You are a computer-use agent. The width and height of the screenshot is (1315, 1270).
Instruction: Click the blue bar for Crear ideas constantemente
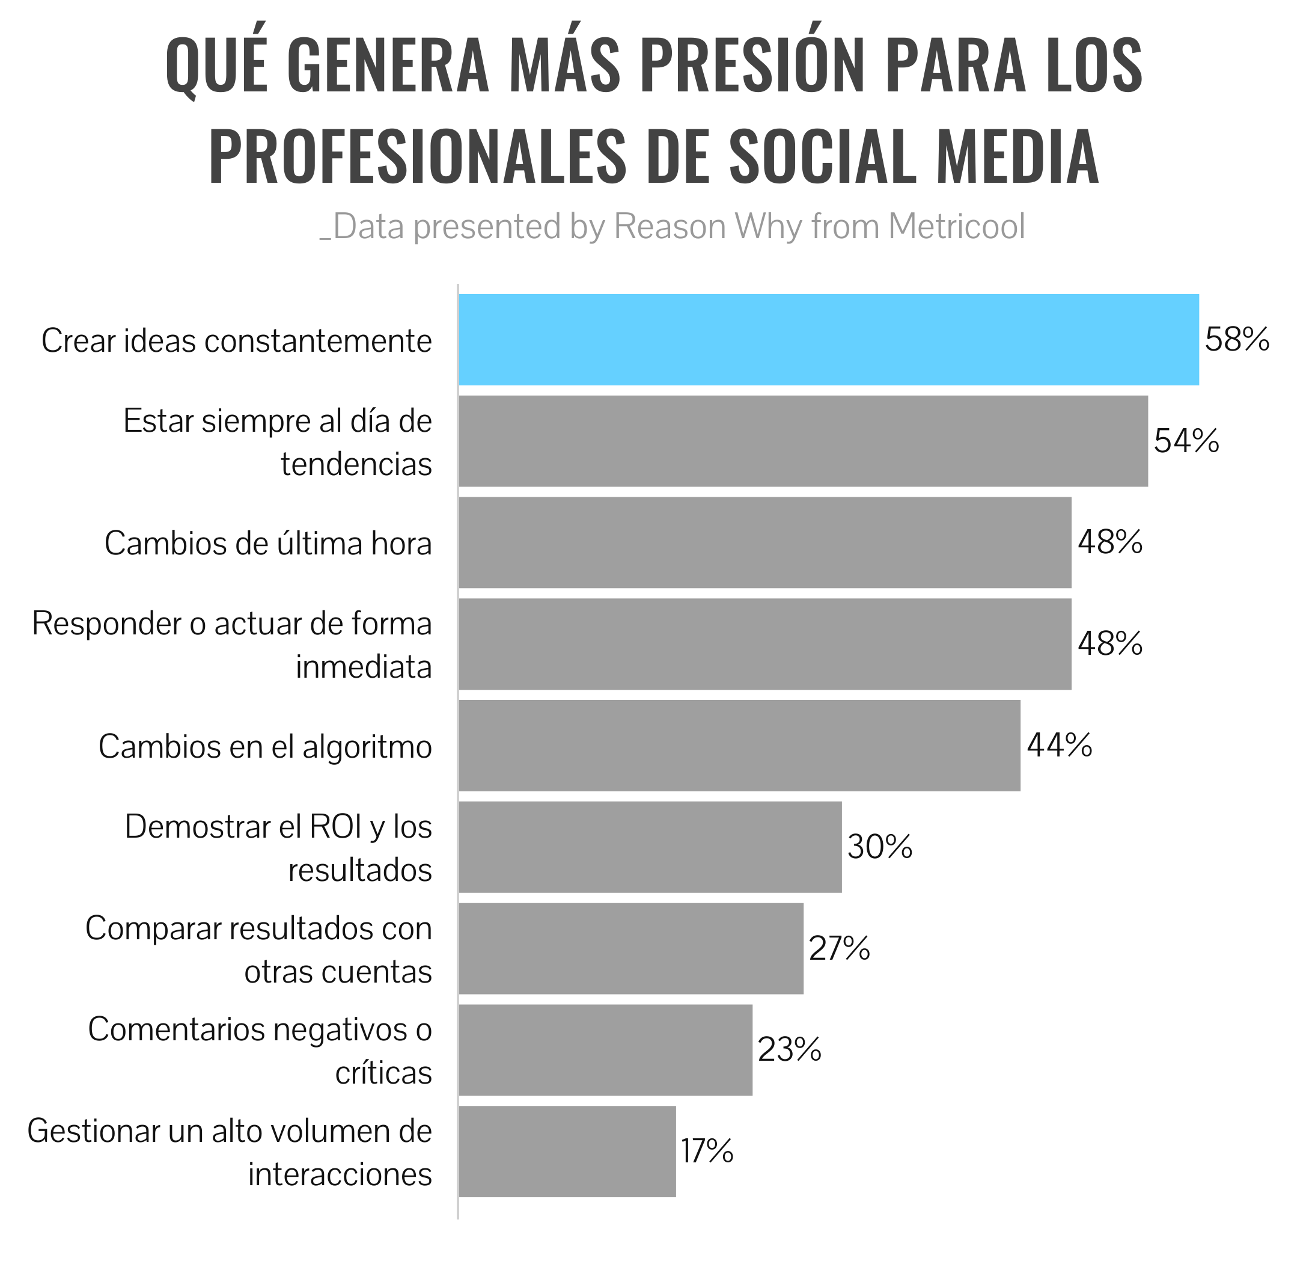(x=829, y=340)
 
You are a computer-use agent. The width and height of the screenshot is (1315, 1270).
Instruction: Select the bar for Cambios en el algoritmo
(x=739, y=746)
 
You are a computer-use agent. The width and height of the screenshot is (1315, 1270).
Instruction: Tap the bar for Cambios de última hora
(x=765, y=542)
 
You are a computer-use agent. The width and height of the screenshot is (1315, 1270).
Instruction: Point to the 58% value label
(x=1236, y=340)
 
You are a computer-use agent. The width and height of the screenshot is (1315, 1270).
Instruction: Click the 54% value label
(x=1186, y=441)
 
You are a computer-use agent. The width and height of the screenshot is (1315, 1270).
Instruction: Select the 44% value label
(x=1060, y=745)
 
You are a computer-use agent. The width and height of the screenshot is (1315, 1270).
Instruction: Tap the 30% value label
(x=880, y=847)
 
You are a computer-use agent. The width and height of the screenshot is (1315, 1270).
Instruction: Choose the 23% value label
(x=789, y=1050)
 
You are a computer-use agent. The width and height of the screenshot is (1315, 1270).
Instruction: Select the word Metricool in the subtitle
(x=956, y=227)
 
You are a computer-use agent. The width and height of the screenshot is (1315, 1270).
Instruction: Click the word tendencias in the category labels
(x=356, y=464)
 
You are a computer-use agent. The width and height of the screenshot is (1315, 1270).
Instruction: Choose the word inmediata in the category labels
(x=364, y=667)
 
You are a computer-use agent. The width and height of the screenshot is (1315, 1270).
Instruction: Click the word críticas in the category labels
(x=383, y=1073)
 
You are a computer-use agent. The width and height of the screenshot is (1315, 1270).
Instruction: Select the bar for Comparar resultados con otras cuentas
(x=630, y=948)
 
